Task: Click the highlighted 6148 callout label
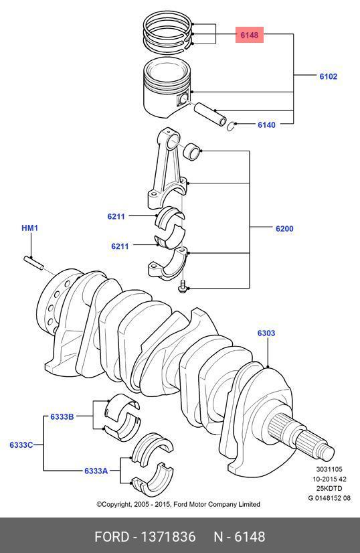[x=250, y=35]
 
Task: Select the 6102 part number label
[x=329, y=76]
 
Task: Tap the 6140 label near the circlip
[x=266, y=125]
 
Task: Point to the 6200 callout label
[x=284, y=228]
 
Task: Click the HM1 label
[x=30, y=228]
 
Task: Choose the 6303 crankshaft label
[x=266, y=333]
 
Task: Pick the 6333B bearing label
[x=62, y=416]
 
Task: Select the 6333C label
[x=21, y=445]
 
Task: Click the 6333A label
[x=96, y=471]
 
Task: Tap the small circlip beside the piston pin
[x=231, y=127]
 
